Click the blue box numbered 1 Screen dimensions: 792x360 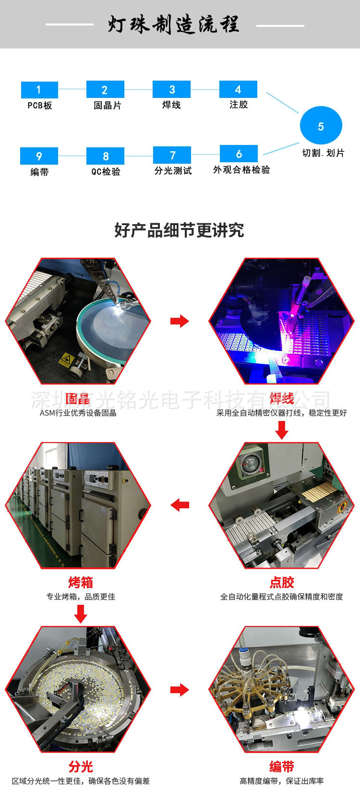tap(39, 90)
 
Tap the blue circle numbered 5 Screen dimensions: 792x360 tap(321, 126)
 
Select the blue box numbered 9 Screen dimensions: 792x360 tap(39, 156)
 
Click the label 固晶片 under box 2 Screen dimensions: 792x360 tap(108, 106)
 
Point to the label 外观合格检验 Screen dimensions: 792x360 tap(241, 170)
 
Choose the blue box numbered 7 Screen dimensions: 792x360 tap(172, 155)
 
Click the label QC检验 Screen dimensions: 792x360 tap(106, 171)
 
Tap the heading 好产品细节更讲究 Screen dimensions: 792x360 tap(179, 230)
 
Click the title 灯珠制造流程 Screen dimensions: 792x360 tap(174, 24)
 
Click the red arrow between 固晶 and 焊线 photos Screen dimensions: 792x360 tap(180, 321)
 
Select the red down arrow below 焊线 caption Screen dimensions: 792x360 tap(282, 430)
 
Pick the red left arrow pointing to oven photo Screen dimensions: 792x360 tap(180, 505)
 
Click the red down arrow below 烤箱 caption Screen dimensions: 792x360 tap(81, 613)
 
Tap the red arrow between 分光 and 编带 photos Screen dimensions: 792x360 tap(180, 690)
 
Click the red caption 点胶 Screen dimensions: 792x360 tap(282, 583)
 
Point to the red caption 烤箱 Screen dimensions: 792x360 tap(81, 583)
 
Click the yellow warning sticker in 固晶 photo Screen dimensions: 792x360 tap(65, 359)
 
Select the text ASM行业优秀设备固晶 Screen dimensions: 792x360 tap(78, 413)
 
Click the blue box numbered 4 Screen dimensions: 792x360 tap(238, 89)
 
